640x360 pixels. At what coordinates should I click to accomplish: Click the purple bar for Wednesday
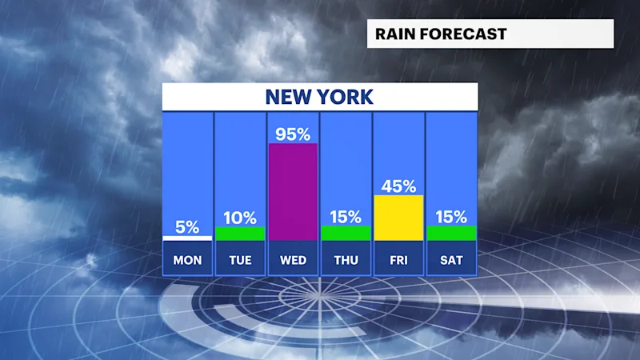pos(293,192)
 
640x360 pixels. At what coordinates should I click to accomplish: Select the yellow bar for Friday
pos(398,218)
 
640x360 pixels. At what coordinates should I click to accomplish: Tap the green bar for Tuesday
pos(240,234)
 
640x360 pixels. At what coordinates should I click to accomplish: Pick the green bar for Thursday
pos(346,234)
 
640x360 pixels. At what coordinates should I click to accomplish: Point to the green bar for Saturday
pos(451,234)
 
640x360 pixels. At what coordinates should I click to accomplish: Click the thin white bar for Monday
pos(187,238)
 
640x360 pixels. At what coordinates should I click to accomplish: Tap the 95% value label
pos(293,134)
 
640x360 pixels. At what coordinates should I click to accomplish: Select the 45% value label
pos(398,186)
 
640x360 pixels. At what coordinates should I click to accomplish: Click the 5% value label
pos(187,227)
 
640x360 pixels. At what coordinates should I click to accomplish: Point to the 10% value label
pos(240,218)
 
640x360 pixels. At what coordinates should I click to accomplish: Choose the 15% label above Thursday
pos(346,217)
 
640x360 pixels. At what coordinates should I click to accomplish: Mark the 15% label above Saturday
pos(451,217)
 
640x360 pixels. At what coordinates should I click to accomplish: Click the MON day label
pos(187,260)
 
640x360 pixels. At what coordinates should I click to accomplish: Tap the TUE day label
pos(240,260)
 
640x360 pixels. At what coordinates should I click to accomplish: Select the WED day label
pos(293,260)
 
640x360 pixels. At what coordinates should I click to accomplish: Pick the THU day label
pos(346,260)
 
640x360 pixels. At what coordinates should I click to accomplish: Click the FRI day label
pos(398,260)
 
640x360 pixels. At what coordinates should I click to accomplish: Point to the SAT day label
pos(451,260)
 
